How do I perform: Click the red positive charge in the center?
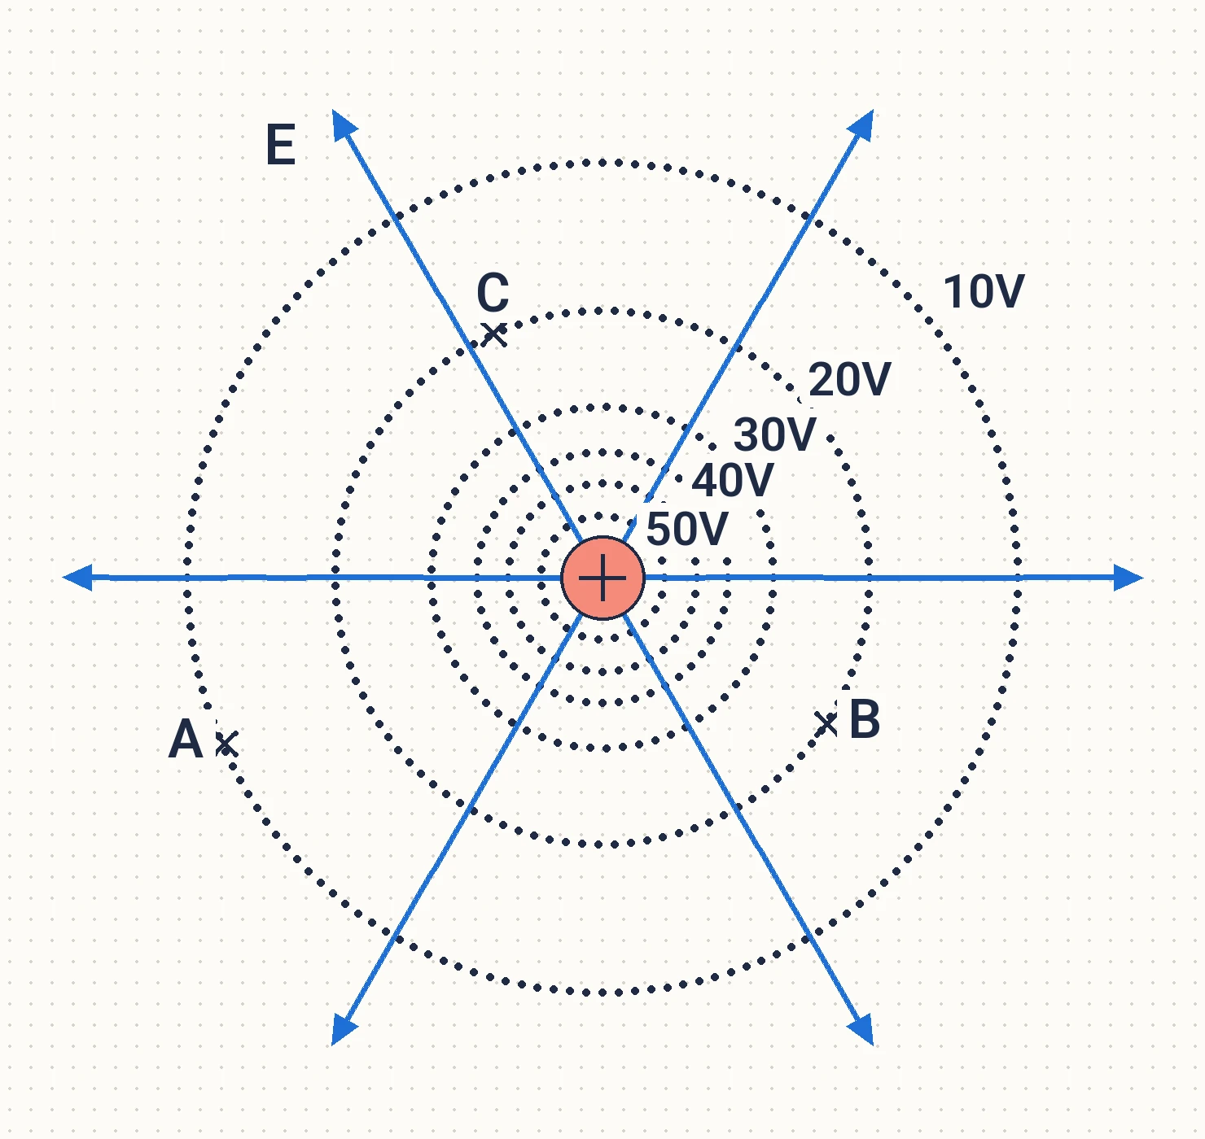click(603, 578)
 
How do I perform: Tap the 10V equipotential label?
click(983, 291)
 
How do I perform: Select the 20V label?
click(849, 379)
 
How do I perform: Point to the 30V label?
click(775, 434)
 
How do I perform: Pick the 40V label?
click(733, 480)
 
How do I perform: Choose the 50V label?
click(687, 529)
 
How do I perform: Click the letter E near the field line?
click(281, 145)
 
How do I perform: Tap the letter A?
click(186, 739)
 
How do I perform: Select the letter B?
click(865, 719)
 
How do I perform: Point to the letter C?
click(493, 293)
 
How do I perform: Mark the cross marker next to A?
click(227, 744)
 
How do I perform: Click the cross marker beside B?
click(827, 724)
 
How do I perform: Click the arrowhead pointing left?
click(77, 577)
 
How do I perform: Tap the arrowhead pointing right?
click(1128, 578)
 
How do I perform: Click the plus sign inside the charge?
click(603, 578)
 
